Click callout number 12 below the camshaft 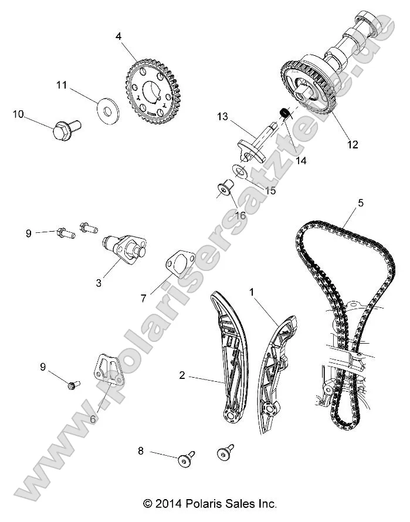tap(353, 144)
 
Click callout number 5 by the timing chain tap(361, 203)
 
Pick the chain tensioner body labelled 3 tap(120, 247)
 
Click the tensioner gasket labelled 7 tap(175, 263)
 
